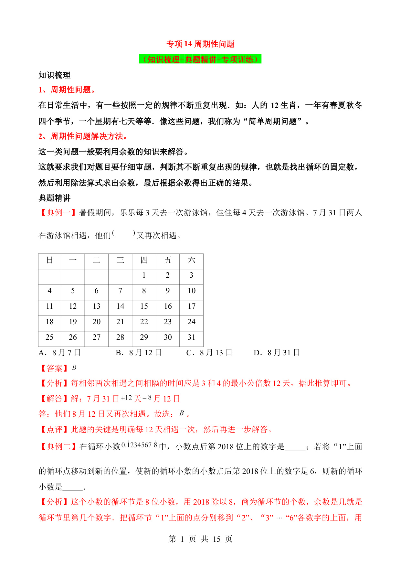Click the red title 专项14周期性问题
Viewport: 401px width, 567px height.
[x=200, y=44]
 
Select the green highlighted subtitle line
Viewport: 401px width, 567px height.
[x=200, y=59]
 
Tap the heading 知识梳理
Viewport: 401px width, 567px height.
[x=54, y=75]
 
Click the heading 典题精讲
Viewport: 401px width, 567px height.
[x=54, y=198]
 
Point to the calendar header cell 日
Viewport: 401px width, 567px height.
[x=49, y=260]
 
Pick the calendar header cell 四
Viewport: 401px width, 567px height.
[x=144, y=260]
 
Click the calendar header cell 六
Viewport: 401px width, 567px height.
[x=191, y=260]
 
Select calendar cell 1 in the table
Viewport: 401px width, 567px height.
[x=144, y=275]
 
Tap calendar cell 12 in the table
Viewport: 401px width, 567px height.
[x=73, y=306]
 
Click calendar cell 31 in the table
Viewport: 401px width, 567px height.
[x=191, y=337]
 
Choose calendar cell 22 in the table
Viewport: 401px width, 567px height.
[x=144, y=322]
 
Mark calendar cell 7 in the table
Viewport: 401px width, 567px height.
[x=120, y=291]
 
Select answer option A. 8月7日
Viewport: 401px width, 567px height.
[x=59, y=353]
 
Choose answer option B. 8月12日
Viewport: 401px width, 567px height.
[x=139, y=353]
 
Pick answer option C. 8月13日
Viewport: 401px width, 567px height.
[x=209, y=353]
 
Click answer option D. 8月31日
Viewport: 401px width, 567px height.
[x=277, y=353]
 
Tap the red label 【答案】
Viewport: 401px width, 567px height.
[x=54, y=368]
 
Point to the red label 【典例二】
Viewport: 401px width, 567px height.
[x=58, y=447]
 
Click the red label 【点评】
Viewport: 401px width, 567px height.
[x=54, y=430]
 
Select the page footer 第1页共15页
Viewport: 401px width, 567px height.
[x=200, y=539]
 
